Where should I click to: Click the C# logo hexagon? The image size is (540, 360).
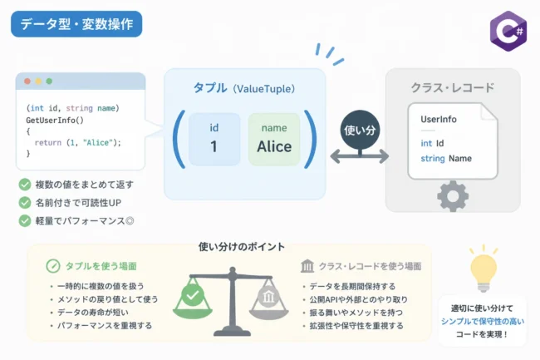point(508,31)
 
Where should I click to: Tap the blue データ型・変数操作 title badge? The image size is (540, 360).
point(76,24)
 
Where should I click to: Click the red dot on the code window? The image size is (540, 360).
point(27,81)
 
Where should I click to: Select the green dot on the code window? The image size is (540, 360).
point(49,81)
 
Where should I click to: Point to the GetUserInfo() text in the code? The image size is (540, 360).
point(55,121)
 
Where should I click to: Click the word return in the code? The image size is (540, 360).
point(48,143)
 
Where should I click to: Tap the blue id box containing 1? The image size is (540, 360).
point(214,140)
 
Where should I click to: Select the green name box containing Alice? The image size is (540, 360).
point(274,140)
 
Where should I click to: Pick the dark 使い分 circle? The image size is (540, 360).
point(360,130)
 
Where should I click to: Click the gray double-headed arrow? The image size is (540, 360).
point(360,156)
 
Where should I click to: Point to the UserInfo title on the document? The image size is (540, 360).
point(439,119)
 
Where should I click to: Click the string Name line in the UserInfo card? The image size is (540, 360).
point(446,159)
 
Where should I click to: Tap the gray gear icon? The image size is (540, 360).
point(453,196)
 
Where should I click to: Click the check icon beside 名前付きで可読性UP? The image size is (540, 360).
point(25,203)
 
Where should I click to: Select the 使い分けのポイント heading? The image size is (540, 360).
point(242,247)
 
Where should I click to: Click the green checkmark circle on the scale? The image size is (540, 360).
point(193,295)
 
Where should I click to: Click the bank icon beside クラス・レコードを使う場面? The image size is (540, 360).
point(307,266)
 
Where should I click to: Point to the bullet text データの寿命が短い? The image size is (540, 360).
point(93,313)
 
